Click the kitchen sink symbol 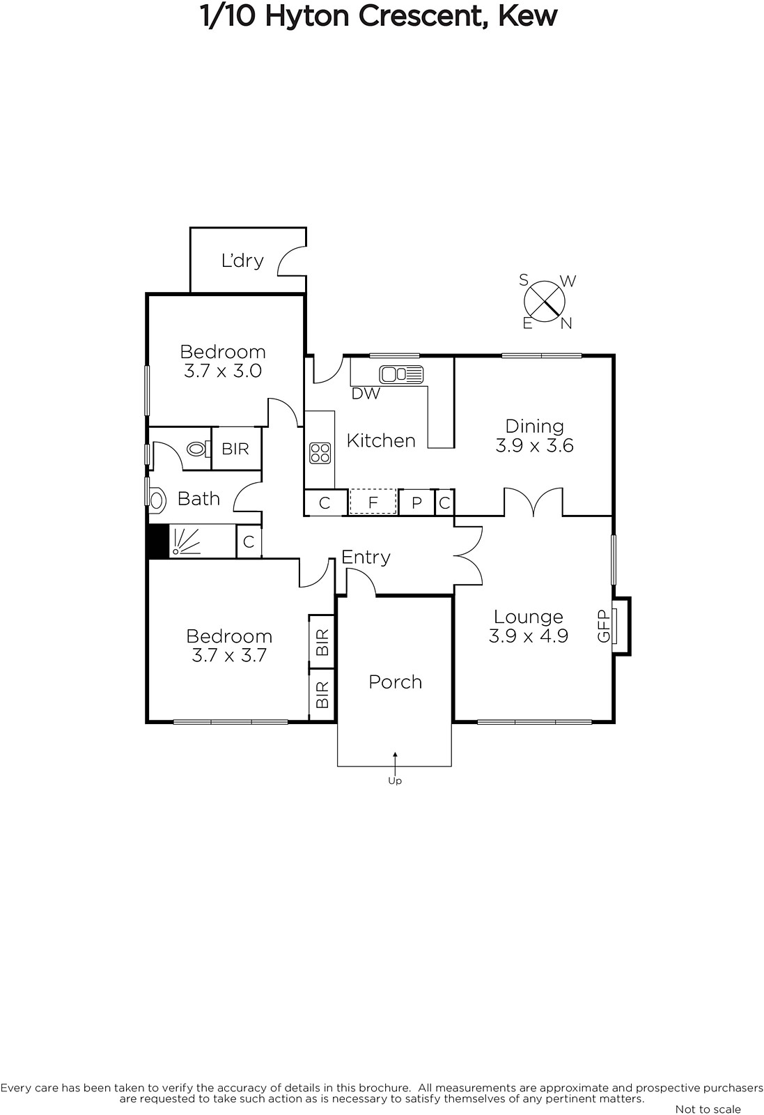(401, 374)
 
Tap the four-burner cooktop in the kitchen (320, 453)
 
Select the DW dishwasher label (366, 394)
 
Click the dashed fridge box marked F (373, 502)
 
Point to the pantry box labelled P (416, 502)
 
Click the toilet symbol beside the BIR (198, 449)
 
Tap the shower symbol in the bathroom (185, 541)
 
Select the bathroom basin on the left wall (157, 499)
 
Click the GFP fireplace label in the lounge (603, 626)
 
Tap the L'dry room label (242, 261)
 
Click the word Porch (396, 682)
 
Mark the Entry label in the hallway (366, 557)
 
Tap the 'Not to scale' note (708, 1109)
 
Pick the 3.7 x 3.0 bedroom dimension (223, 371)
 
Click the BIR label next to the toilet (235, 449)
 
